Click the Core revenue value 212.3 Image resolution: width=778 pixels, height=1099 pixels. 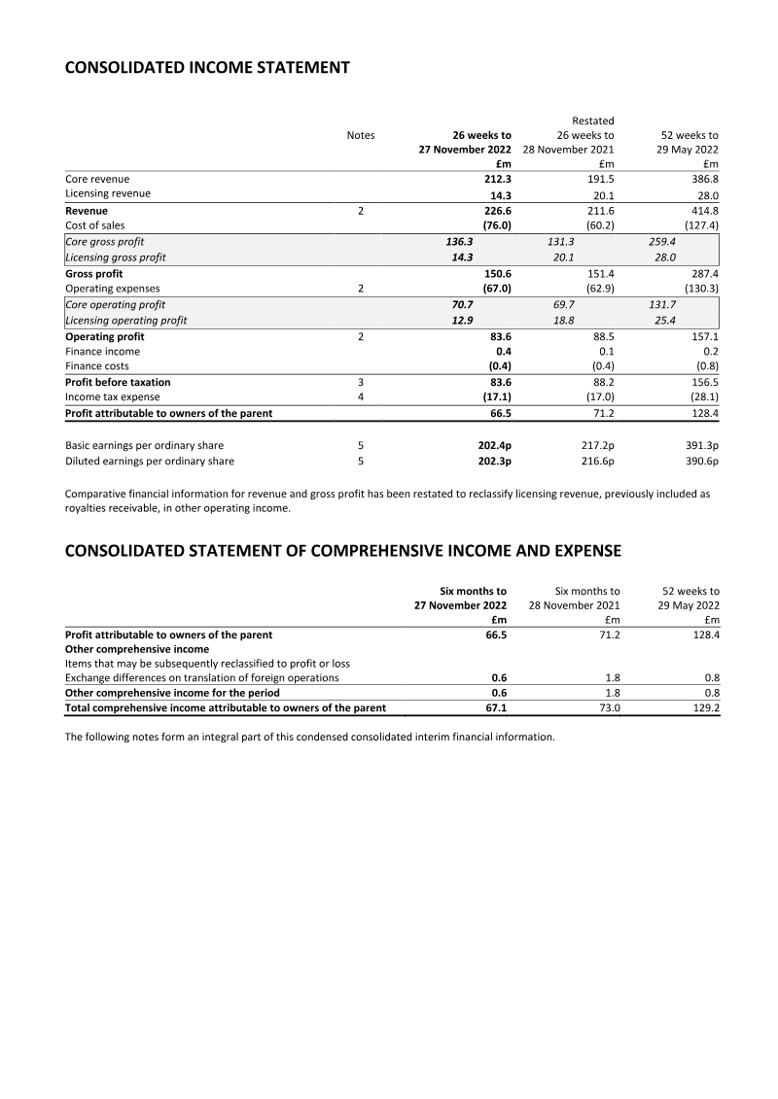pos(497,179)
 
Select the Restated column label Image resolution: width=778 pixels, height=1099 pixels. pos(592,120)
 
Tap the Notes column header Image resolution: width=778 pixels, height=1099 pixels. pos(360,135)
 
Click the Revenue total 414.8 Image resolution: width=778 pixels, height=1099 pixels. pos(701,210)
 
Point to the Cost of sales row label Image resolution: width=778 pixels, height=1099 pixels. pos(94,225)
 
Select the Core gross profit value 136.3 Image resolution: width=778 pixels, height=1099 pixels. pos(455,241)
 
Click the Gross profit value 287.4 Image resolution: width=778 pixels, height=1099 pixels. pos(701,274)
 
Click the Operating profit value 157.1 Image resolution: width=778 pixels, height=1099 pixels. pos(701,336)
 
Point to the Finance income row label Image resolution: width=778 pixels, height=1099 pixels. pos(102,351)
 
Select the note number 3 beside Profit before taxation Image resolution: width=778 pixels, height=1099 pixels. pos(361,382)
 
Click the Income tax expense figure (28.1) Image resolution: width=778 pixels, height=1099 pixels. pos(699,397)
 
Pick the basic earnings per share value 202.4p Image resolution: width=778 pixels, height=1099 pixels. pos(493,446)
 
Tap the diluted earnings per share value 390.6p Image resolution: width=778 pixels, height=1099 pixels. pos(697,462)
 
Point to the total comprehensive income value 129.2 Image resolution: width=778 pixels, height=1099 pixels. pos(702,708)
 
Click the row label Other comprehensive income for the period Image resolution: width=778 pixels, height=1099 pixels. pos(172,693)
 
